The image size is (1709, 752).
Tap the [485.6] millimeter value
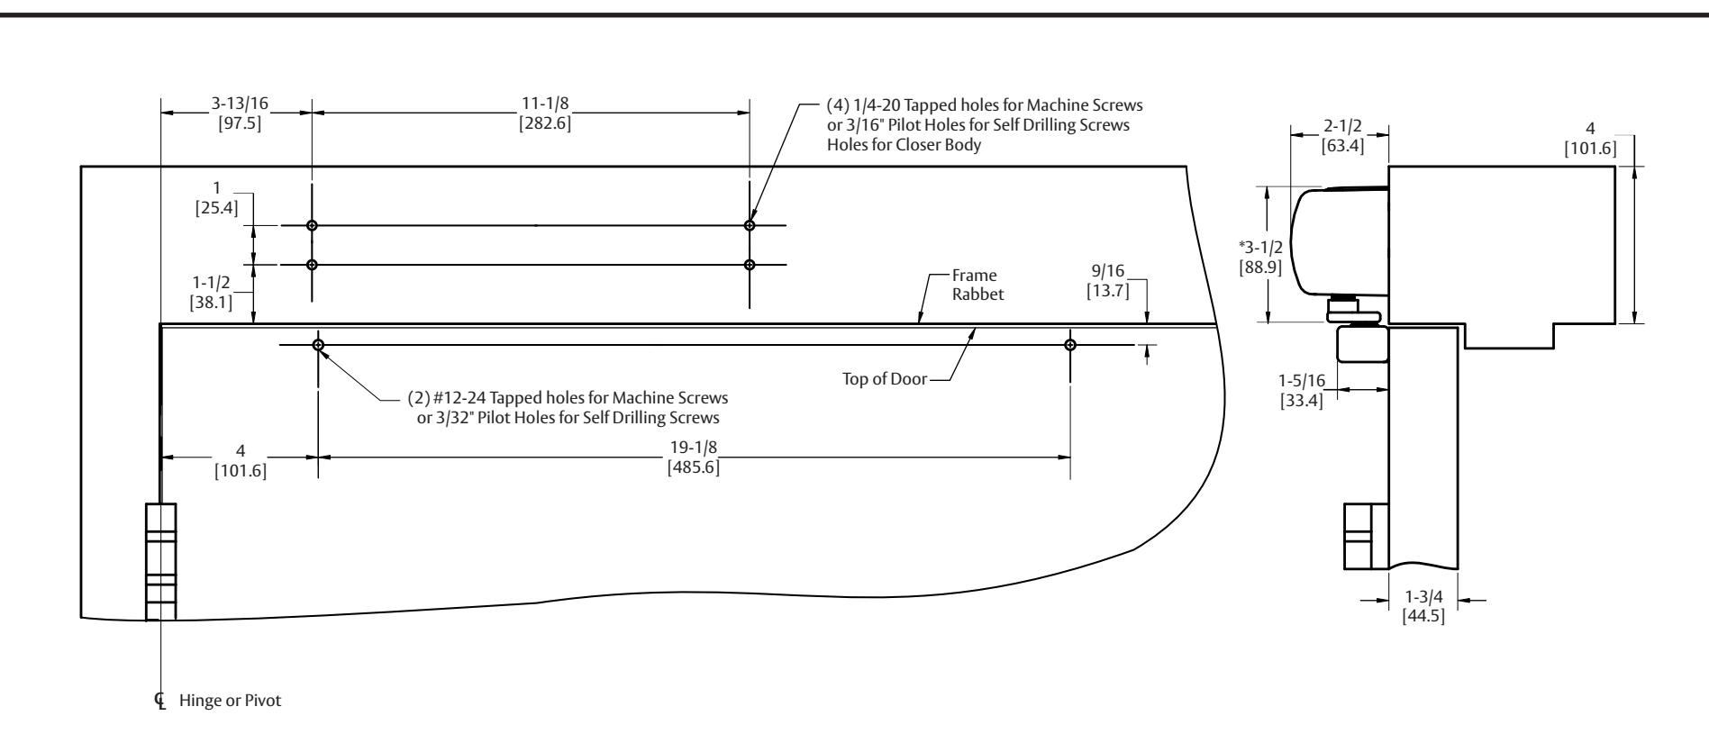click(x=693, y=468)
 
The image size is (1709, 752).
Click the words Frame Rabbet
click(x=977, y=285)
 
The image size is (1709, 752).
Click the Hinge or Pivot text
click(x=230, y=700)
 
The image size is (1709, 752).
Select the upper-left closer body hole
click(x=312, y=225)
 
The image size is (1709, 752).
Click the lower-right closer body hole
click(x=750, y=265)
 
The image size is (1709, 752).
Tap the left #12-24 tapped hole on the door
click(x=318, y=345)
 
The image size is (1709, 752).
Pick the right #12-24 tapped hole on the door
click(x=1070, y=345)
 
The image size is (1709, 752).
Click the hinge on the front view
click(x=161, y=561)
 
